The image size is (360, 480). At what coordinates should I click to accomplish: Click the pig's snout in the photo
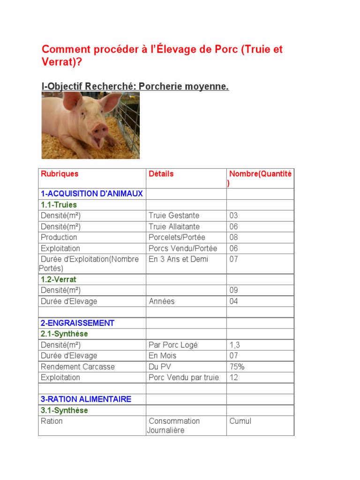(x=99, y=128)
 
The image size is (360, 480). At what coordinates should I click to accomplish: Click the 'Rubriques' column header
(x=60, y=174)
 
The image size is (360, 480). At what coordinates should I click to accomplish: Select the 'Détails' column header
(x=161, y=174)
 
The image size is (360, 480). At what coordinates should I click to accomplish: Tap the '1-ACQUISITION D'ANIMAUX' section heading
(x=92, y=194)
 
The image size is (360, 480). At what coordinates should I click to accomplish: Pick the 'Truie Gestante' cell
(x=174, y=216)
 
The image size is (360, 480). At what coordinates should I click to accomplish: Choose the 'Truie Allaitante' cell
(x=174, y=226)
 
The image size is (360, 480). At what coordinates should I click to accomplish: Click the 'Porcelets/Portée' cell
(x=177, y=237)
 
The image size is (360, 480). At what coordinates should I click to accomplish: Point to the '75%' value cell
(x=237, y=367)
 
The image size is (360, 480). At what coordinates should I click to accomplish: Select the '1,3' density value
(x=234, y=345)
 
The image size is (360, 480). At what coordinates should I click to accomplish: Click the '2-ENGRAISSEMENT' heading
(x=77, y=323)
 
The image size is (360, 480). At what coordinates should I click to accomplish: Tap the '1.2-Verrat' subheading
(x=59, y=279)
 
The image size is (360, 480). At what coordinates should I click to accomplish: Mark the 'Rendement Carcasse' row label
(x=78, y=367)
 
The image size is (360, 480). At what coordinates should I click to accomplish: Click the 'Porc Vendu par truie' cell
(x=184, y=377)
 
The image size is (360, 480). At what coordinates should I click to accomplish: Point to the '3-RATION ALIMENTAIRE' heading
(x=86, y=399)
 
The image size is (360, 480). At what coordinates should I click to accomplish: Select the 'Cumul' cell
(x=240, y=421)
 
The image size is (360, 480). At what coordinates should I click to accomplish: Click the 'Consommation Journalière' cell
(x=173, y=426)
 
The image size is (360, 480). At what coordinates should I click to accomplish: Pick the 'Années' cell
(x=161, y=301)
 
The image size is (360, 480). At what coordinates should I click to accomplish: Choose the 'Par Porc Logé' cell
(x=173, y=345)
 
